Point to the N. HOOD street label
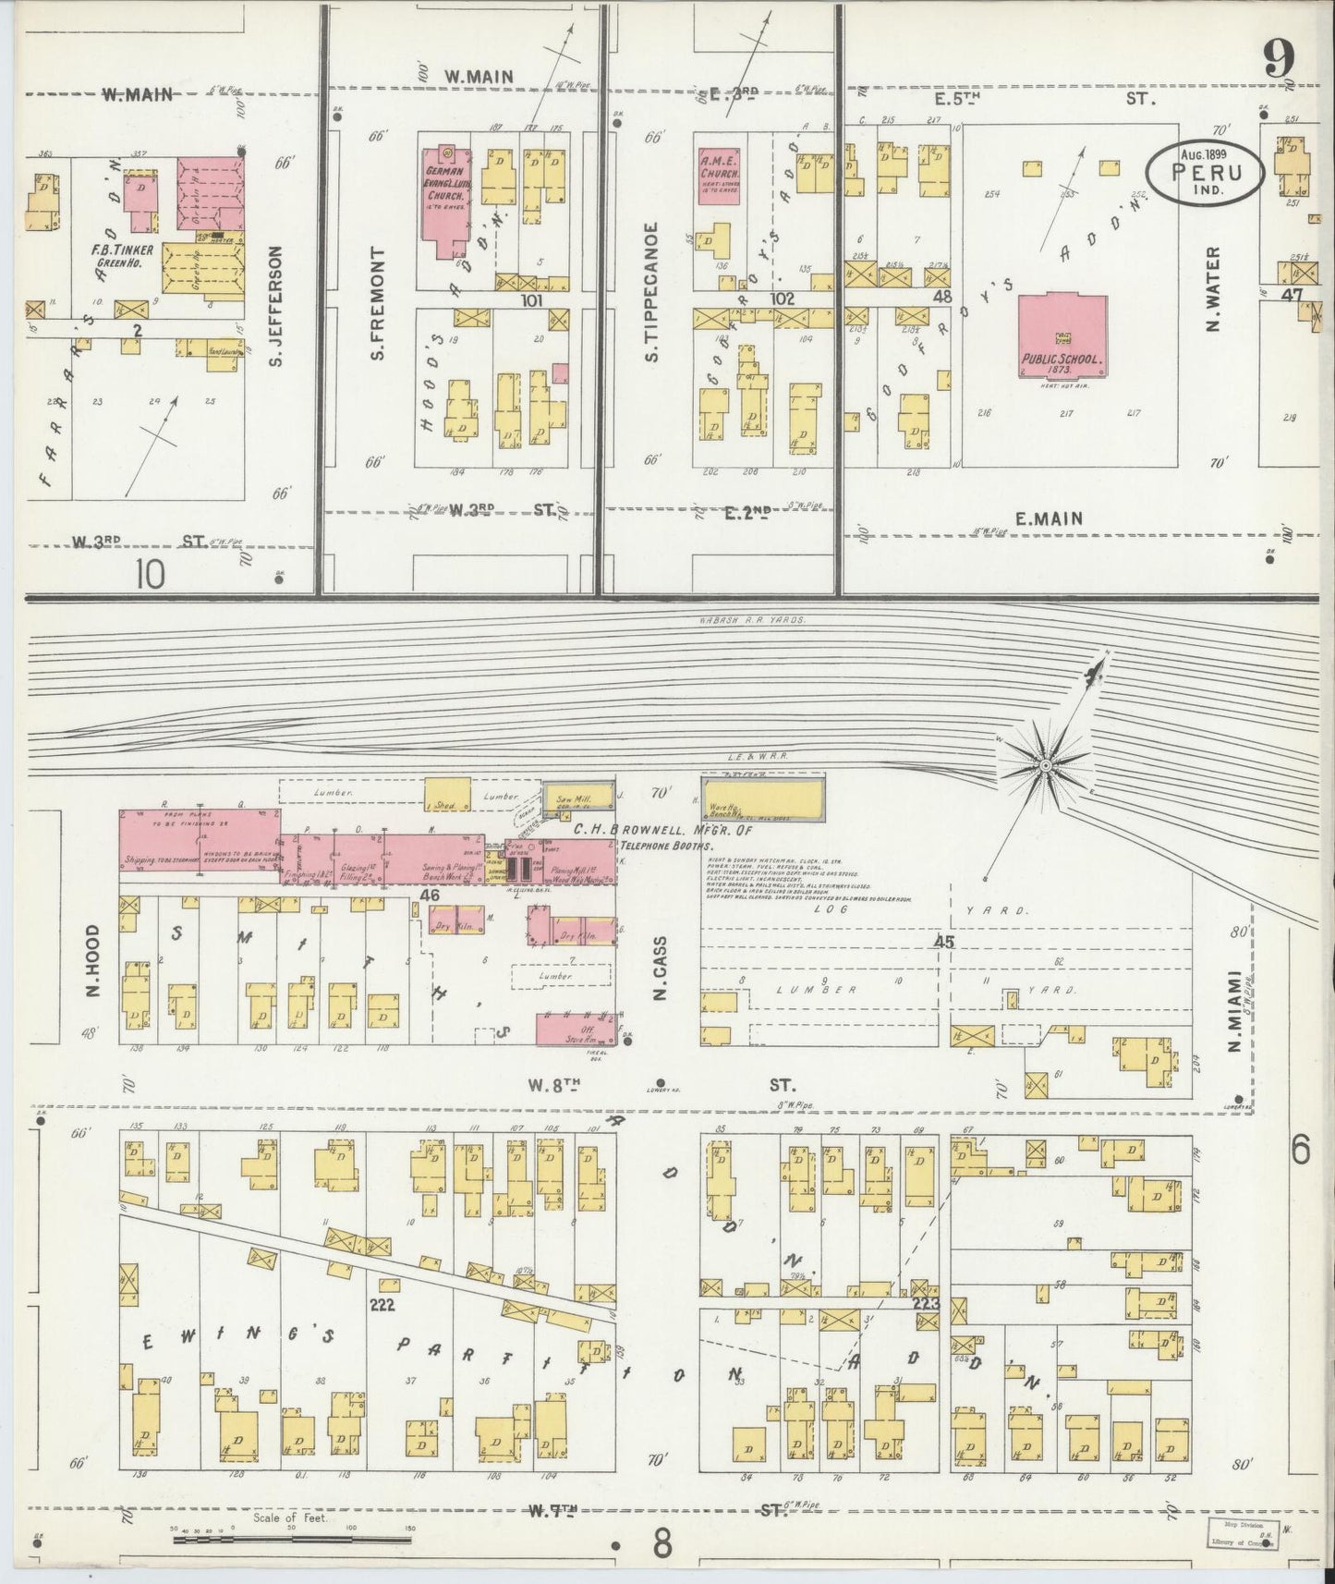[x=92, y=962]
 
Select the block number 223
[x=925, y=1304]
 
